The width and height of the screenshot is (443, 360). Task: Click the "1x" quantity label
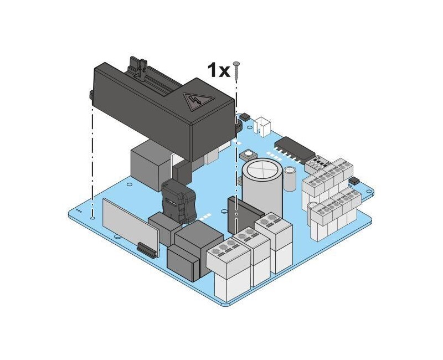(x=219, y=70)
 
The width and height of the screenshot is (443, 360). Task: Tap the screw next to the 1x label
(x=236, y=70)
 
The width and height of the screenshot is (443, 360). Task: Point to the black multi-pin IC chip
(x=295, y=149)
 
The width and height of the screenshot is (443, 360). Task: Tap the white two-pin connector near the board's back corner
(x=262, y=126)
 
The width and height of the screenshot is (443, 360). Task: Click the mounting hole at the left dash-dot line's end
(x=92, y=218)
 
